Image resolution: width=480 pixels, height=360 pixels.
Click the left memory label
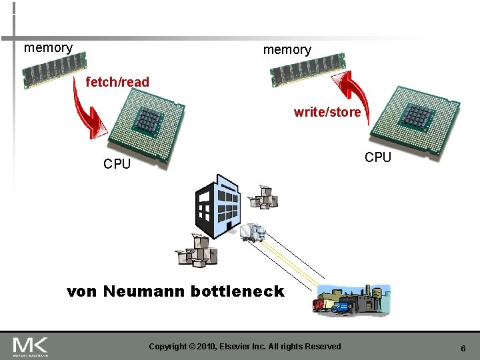click(48, 48)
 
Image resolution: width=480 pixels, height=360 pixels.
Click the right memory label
click(287, 50)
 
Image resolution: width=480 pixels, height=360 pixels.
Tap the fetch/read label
click(117, 82)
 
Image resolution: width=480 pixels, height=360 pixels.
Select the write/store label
click(327, 113)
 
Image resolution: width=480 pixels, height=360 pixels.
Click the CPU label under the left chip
click(117, 164)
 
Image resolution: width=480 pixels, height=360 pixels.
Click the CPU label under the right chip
click(378, 157)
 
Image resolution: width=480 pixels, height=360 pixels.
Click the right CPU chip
click(415, 122)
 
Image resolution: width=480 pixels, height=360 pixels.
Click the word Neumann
click(144, 291)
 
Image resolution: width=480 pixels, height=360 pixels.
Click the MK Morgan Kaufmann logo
click(30, 346)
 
